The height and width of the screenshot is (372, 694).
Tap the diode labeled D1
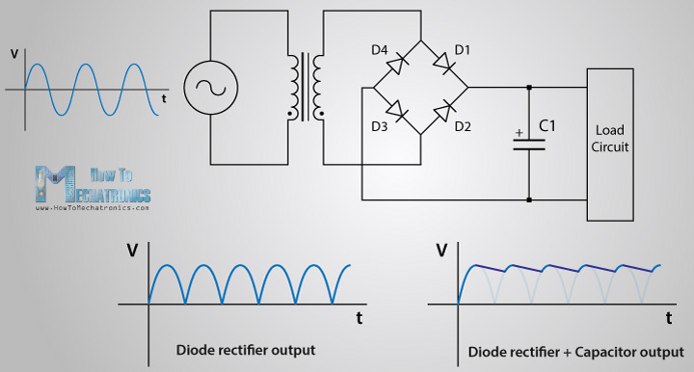coord(444,65)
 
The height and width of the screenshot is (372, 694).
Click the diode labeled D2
coord(444,114)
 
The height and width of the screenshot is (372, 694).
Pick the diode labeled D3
coord(396,114)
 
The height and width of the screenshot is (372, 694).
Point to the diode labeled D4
coord(396,65)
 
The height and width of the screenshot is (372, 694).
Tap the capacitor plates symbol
coord(528,142)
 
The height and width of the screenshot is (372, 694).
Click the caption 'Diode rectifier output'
coord(245,348)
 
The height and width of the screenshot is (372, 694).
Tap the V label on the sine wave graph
coord(12,54)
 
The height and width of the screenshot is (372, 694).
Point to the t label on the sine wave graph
coord(165,98)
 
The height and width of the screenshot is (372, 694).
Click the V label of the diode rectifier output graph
coord(131,252)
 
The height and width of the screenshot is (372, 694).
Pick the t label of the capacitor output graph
coord(668,316)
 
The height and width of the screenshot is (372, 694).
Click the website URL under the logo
coord(93,207)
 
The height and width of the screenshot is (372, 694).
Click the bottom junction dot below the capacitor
coord(528,200)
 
